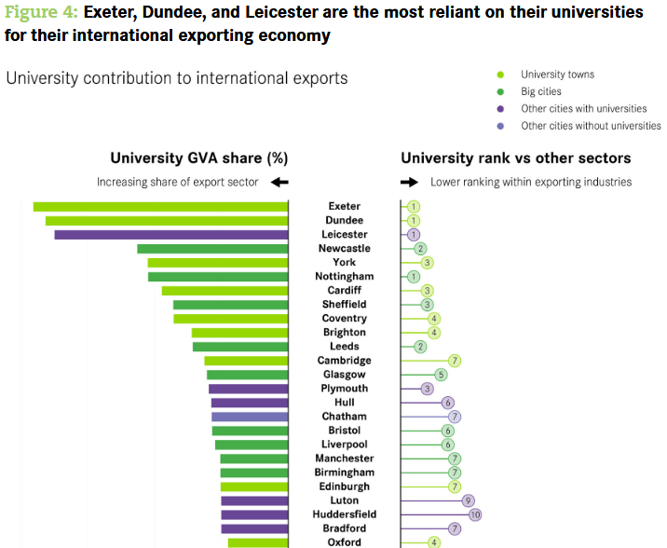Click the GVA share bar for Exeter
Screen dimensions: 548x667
[160, 207]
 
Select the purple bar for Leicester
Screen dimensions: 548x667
[170, 235]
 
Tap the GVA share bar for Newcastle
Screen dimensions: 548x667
[212, 249]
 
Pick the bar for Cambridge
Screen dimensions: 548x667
[246, 361]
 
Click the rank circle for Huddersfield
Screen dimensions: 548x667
[475, 514]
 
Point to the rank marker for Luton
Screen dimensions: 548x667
[469, 500]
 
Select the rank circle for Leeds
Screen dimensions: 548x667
[420, 347]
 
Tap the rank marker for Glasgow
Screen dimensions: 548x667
[441, 375]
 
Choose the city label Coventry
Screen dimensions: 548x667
[345, 319]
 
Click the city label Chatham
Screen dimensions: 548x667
[345, 417]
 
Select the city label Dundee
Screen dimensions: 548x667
[345, 221]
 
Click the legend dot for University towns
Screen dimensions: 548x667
[501, 75]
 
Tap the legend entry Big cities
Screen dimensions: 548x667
[541, 92]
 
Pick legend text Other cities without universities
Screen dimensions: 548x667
[591, 126]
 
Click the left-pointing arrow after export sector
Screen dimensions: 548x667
[279, 183]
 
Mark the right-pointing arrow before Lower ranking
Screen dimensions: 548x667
[409, 183]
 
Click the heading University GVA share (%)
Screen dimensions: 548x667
[198, 158]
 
